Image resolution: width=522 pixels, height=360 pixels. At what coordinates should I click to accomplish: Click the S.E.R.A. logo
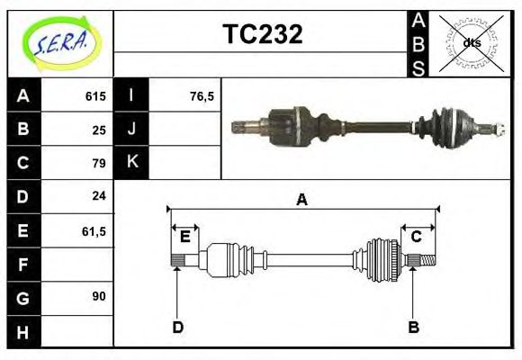point(60,42)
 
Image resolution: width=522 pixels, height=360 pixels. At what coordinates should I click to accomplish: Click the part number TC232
point(262,34)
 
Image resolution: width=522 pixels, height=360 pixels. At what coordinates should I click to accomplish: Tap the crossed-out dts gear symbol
point(471,42)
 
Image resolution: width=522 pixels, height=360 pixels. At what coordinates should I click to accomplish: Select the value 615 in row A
point(95,96)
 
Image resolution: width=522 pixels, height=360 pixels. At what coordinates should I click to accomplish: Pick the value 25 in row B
point(99,130)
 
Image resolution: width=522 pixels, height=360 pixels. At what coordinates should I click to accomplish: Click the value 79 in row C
point(99,163)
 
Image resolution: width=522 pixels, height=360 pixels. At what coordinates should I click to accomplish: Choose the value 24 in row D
point(99,196)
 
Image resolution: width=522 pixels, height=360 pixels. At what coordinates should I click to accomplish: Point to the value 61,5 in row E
point(94,230)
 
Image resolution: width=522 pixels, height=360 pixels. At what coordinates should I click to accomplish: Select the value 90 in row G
point(99,296)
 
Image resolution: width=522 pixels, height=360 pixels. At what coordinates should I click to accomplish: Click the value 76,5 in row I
point(202,96)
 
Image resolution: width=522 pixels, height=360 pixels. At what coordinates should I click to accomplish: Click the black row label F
point(23,264)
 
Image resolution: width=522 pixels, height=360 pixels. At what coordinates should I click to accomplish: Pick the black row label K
point(132,162)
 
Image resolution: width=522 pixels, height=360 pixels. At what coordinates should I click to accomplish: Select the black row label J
point(132,129)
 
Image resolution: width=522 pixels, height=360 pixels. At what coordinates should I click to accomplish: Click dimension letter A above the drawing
point(302,199)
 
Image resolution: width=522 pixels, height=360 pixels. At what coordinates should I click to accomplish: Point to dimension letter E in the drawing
point(184,237)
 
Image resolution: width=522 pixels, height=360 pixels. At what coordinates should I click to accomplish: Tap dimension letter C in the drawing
point(417,237)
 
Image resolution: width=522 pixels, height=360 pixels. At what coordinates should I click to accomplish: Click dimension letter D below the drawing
point(177,326)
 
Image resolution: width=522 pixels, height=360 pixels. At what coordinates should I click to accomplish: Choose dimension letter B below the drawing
point(413,326)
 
